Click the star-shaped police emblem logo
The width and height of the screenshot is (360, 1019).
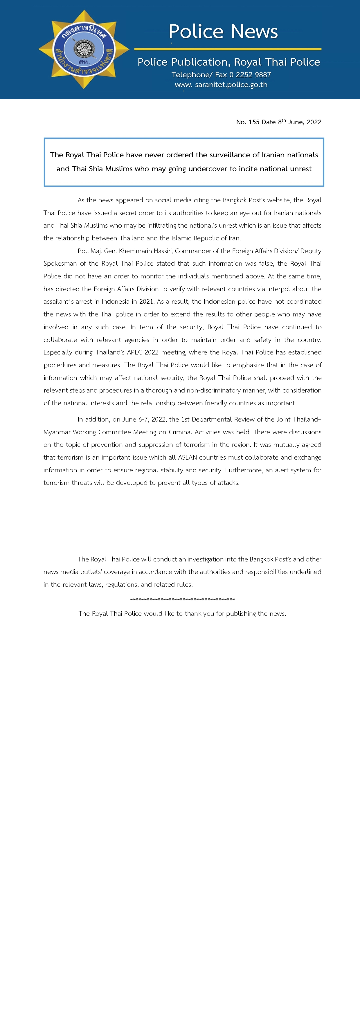click(x=84, y=49)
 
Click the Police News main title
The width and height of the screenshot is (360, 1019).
click(x=223, y=32)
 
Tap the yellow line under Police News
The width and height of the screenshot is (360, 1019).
click(x=228, y=49)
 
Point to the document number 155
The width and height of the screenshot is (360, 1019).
click(x=254, y=122)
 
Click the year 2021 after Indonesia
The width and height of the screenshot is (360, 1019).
click(x=146, y=301)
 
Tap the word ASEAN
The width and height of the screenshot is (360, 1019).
click(x=188, y=457)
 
